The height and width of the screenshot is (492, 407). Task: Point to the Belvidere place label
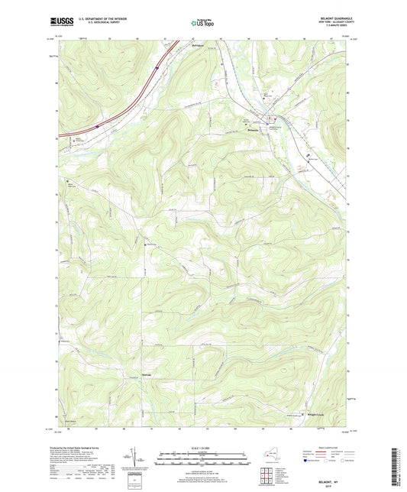tap(199, 47)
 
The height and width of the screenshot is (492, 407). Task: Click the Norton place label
tap(150, 245)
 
